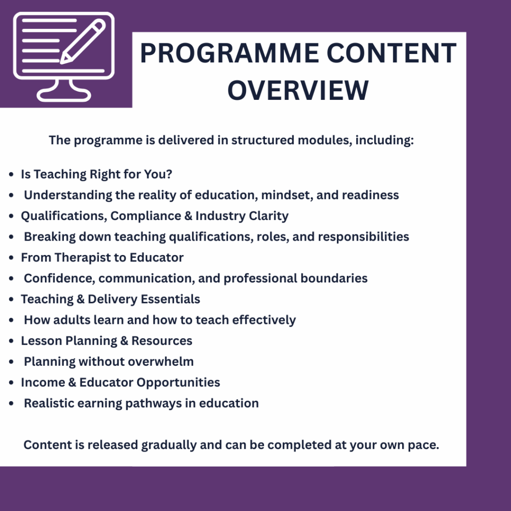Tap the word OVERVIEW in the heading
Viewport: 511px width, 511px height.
pos(298,90)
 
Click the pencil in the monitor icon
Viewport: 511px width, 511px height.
pos(83,41)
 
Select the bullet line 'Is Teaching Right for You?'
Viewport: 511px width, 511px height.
pos(96,174)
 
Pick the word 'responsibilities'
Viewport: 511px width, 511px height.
pos(363,237)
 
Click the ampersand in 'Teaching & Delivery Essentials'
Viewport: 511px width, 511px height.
pos(80,299)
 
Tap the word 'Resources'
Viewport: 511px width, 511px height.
pos(162,341)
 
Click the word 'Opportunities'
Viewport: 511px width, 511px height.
pos(178,383)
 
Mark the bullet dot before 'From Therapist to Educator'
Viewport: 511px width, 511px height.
pos(11,258)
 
